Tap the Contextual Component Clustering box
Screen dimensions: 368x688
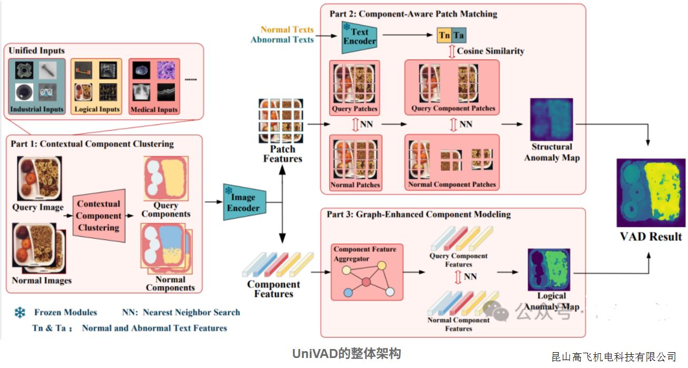(99, 216)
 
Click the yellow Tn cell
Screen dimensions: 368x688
(445, 36)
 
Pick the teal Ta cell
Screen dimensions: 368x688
(459, 36)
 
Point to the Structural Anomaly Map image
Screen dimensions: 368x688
(551, 120)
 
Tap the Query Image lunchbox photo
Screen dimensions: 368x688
(39, 178)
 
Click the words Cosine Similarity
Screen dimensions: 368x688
(490, 51)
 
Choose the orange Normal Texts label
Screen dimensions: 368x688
(287, 30)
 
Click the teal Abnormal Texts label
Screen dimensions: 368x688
(282, 40)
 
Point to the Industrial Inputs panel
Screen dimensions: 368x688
(37, 86)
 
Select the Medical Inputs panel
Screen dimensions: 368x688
(154, 86)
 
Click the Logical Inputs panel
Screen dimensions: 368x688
(96, 86)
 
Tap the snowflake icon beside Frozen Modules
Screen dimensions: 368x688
(20, 313)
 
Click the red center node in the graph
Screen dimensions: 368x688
(366, 283)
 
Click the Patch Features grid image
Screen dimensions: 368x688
(281, 121)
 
